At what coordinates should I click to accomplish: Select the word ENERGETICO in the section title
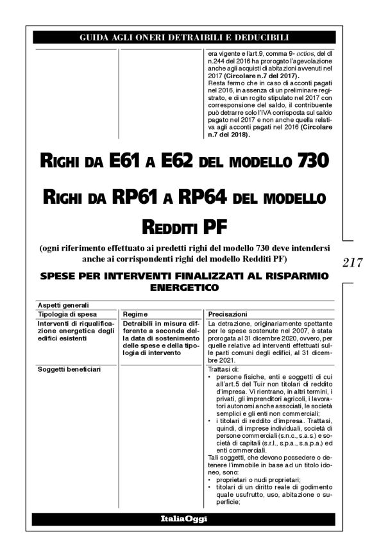pos(183,289)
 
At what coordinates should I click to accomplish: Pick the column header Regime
pos(137,314)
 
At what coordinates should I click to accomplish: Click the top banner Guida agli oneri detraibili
pos(184,38)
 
